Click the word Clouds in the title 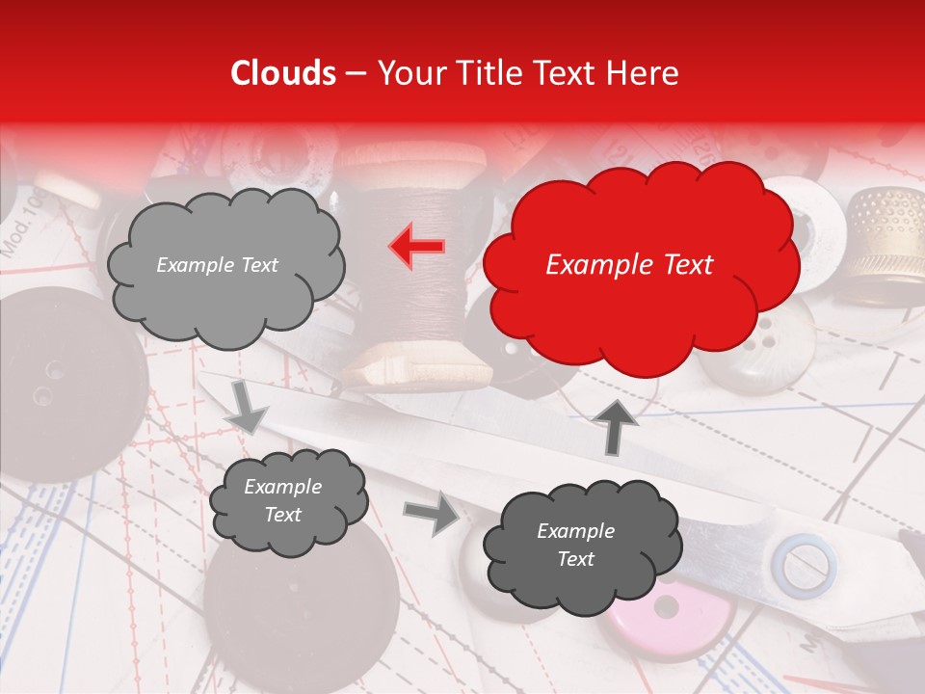(x=282, y=73)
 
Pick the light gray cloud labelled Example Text (x=224, y=265)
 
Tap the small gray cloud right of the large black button (x=288, y=501)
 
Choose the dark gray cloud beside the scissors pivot (x=582, y=545)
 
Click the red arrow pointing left (x=417, y=247)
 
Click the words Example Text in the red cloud (x=629, y=265)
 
